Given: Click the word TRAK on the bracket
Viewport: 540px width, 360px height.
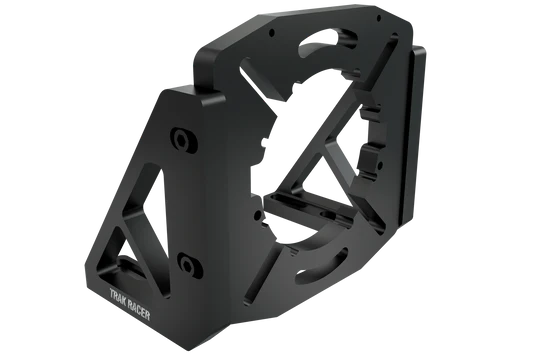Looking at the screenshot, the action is pos(117,296).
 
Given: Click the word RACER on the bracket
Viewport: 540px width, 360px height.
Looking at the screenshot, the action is pos(139,309).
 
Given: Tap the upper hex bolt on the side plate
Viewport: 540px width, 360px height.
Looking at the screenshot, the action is pos(183,140).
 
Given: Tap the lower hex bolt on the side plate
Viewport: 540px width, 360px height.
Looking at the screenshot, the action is pos(189,265).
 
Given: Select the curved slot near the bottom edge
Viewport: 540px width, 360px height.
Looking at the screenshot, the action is pos(323,261).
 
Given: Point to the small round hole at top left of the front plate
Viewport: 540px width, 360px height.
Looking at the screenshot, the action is pos(272,33).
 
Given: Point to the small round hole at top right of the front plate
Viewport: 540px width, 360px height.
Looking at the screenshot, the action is pos(379,18).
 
